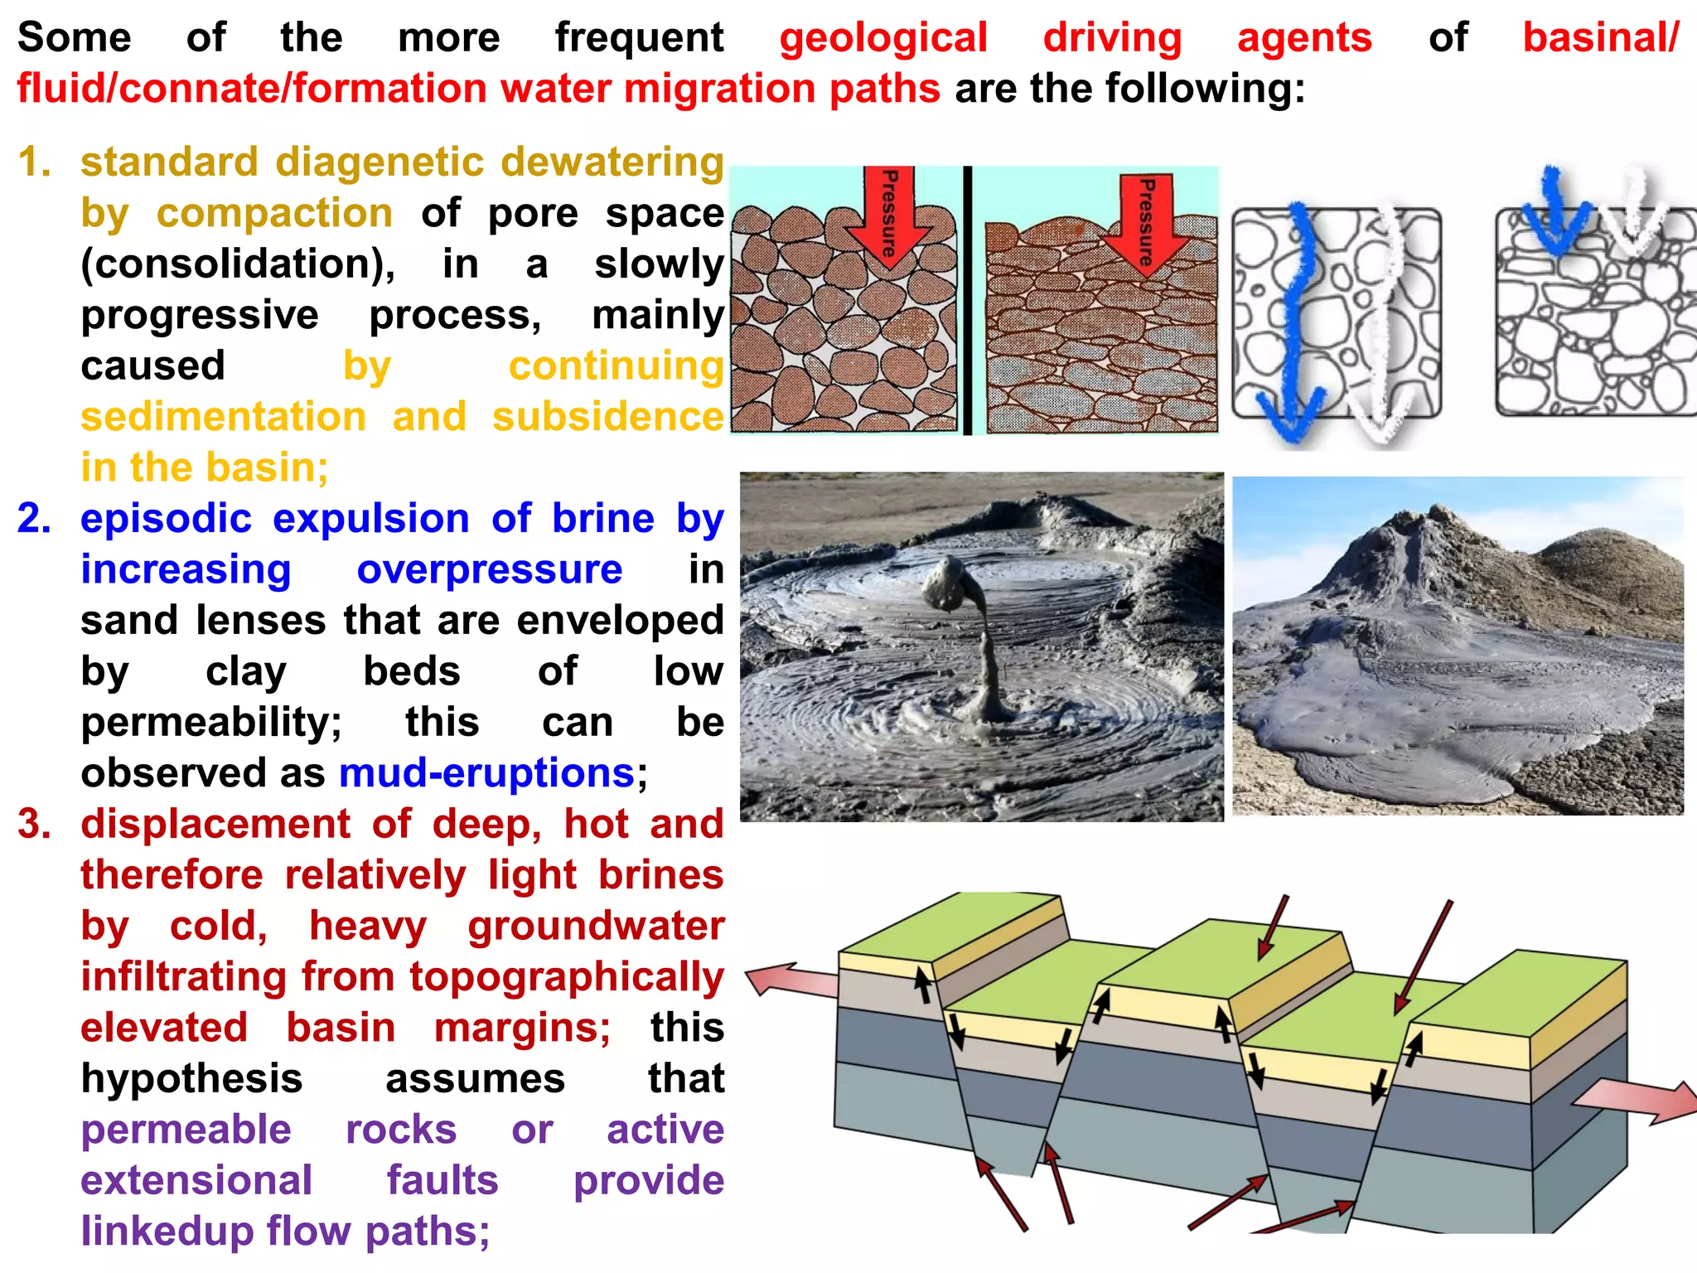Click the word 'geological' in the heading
[x=882, y=38]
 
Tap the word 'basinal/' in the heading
[x=1600, y=38]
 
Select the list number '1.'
[x=34, y=162]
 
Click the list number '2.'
[x=34, y=519]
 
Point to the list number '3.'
[x=34, y=825]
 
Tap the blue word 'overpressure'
[x=489, y=570]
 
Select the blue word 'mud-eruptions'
[x=486, y=774]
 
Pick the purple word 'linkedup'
[x=167, y=1232]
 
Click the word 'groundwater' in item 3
[x=596, y=927]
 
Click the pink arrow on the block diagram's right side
[x=1637, y=1101]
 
